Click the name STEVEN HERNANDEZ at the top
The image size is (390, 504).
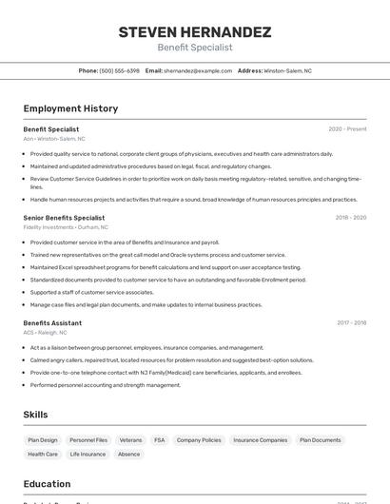pos(194,32)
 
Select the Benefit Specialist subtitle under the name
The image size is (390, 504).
pos(194,48)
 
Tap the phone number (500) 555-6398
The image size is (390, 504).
pos(120,71)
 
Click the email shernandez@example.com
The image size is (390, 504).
pos(197,71)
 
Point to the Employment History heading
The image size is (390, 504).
pos(70,108)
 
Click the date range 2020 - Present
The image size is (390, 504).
pos(347,129)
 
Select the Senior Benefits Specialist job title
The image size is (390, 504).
pos(64,218)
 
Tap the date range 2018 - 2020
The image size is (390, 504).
pos(350,218)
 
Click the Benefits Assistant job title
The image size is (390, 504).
pos(52,323)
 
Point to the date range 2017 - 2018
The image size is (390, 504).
pos(350,323)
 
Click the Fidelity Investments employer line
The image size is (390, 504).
pos(66,227)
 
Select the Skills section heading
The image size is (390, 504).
pos(36,415)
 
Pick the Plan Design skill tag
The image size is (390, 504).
pos(43,440)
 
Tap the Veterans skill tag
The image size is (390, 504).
pos(130,440)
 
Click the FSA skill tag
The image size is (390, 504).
pos(159,440)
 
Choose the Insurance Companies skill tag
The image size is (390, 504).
pos(260,440)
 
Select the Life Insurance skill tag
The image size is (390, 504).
pos(88,455)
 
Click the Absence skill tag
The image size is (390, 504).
pos(128,455)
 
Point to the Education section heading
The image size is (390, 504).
pos(47,484)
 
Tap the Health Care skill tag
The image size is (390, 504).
pos(43,455)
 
